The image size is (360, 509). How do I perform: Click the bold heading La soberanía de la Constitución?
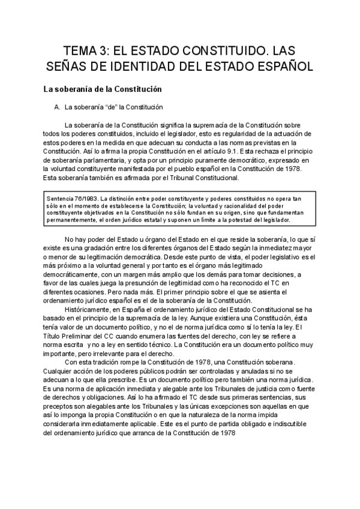pos(103,89)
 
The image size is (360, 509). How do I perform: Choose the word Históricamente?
pos(94,309)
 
